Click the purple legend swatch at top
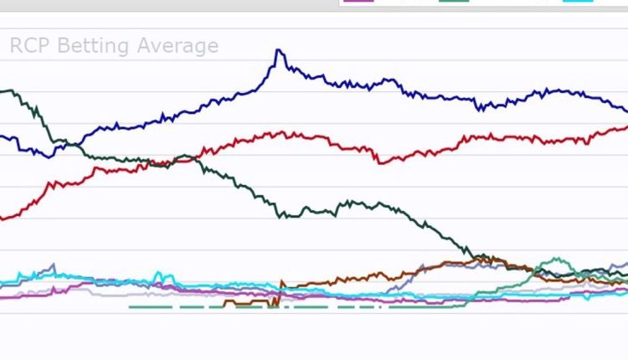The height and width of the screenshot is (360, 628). [359, 2]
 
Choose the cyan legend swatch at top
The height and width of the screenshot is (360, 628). [579, 2]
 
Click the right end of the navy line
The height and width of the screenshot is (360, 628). [625, 111]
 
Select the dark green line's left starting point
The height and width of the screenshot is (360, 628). [2, 91]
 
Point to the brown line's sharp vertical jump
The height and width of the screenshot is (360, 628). [279, 292]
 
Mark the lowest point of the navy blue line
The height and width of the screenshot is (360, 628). [50, 157]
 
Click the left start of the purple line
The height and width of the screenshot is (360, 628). [2, 296]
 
